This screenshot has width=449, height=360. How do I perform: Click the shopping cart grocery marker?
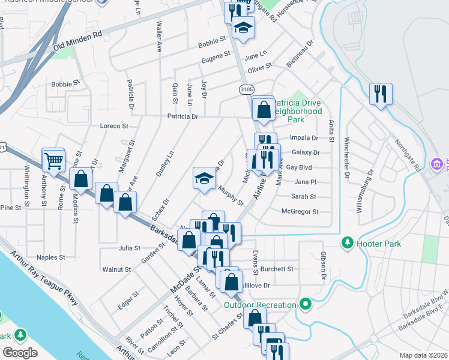coord(53,161)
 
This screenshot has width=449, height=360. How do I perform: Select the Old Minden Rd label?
coord(78,40)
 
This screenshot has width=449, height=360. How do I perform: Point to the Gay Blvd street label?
coord(300,167)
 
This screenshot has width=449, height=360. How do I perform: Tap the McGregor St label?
coord(300,211)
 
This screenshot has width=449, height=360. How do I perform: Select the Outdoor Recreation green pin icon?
coord(306,304)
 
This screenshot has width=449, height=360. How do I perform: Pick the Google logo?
coord(20,353)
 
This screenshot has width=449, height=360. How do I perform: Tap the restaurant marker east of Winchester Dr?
coord(381,94)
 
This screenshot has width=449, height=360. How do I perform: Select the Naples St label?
coord(50,257)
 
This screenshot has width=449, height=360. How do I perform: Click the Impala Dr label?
coord(303,137)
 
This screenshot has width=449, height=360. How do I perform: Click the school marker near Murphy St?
coord(204,179)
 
